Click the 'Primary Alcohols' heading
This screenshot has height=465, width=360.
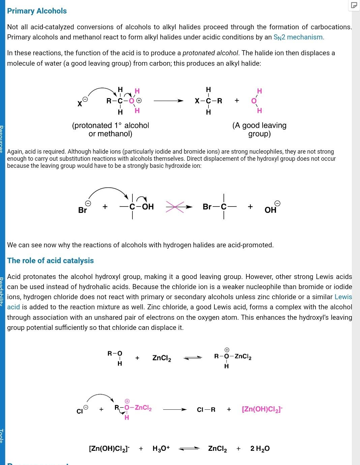(37, 11)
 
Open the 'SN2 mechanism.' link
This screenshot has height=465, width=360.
(299, 37)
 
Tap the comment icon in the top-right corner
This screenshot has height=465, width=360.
(354, 5)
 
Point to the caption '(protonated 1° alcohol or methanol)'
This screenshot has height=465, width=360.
(111, 129)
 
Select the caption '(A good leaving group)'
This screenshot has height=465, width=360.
(259, 129)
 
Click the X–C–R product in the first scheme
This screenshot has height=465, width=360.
(208, 101)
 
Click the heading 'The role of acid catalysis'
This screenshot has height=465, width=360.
(51, 260)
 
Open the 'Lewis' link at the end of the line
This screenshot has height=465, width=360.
(343, 297)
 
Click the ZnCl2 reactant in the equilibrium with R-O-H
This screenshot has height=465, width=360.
(161, 358)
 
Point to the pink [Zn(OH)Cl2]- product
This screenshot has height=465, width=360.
(262, 409)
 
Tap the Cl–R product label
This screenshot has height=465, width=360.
(206, 410)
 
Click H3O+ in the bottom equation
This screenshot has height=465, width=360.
(161, 448)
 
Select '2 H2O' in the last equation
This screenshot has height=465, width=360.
(260, 448)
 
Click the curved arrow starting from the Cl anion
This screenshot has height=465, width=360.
(100, 396)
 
